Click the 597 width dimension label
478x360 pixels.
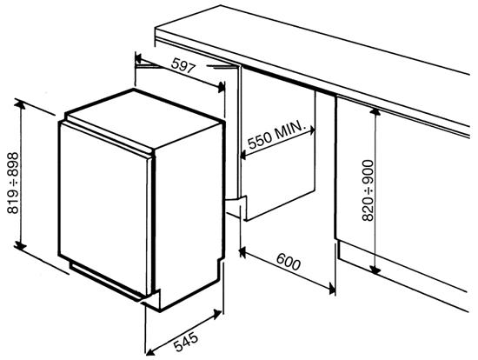click(x=183, y=66)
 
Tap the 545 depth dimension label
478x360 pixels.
click(x=186, y=342)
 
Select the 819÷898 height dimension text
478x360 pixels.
click(x=13, y=183)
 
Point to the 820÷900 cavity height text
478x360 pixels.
click(x=368, y=190)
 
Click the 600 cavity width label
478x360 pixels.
click(x=289, y=262)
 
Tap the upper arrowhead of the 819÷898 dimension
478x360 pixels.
click(x=20, y=104)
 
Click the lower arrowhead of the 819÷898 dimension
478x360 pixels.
click(x=20, y=245)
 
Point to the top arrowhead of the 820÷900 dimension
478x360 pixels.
click(x=375, y=112)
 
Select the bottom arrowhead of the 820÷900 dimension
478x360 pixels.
click(x=375, y=269)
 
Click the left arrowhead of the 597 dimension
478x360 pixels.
click(x=139, y=58)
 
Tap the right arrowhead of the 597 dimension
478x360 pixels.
click(x=221, y=88)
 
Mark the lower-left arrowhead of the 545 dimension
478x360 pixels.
click(x=150, y=351)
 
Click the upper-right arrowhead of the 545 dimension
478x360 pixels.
click(x=217, y=314)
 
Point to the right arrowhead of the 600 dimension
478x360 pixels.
click(x=332, y=288)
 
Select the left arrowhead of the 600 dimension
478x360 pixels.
click(x=243, y=252)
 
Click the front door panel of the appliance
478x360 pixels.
click(x=103, y=208)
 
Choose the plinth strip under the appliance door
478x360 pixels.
click(x=105, y=280)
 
